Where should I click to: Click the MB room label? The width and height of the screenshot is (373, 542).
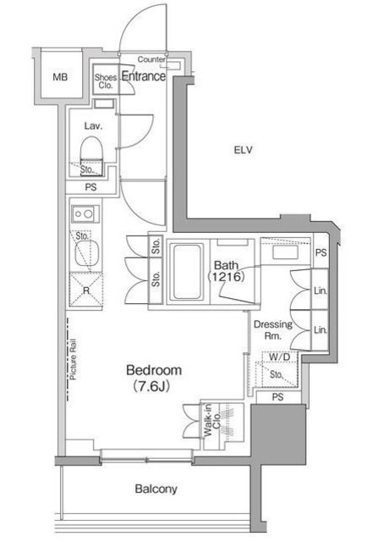click(60, 77)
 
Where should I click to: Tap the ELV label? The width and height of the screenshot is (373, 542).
click(243, 150)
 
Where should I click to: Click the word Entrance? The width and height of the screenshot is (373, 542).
click(143, 76)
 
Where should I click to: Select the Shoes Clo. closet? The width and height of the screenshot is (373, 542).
click(106, 80)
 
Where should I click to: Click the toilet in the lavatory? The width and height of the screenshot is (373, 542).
click(92, 156)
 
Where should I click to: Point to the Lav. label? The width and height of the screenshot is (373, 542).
click(93, 126)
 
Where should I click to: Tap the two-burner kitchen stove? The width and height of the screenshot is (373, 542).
click(85, 214)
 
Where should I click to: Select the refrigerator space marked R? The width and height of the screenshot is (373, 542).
click(86, 290)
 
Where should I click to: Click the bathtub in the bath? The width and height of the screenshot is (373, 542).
click(187, 272)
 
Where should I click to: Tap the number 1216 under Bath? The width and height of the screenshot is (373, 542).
click(227, 277)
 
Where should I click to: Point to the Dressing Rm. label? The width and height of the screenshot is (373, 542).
click(273, 329)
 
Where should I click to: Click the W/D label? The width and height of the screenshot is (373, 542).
click(279, 357)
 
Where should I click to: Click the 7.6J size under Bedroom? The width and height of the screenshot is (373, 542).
click(152, 386)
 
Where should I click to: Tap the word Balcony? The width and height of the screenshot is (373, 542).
click(156, 489)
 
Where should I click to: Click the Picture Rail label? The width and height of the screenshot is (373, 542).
click(73, 359)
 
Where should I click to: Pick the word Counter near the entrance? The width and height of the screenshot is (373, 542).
click(151, 59)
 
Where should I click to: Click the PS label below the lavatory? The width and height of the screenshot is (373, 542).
click(91, 187)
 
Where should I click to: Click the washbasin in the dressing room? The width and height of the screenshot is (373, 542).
click(285, 252)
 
